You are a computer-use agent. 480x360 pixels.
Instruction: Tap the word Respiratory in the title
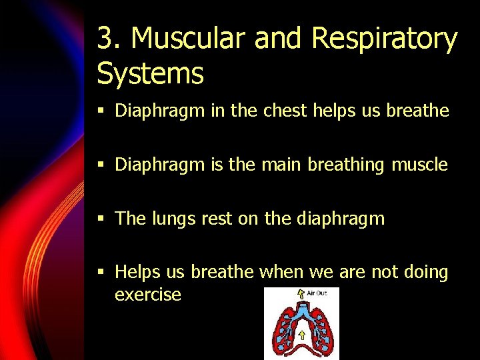(384, 39)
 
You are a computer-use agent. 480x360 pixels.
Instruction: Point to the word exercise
(148, 295)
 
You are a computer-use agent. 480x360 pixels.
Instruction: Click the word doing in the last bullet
(422, 272)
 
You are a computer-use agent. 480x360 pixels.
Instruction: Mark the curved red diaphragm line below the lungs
(301, 347)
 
